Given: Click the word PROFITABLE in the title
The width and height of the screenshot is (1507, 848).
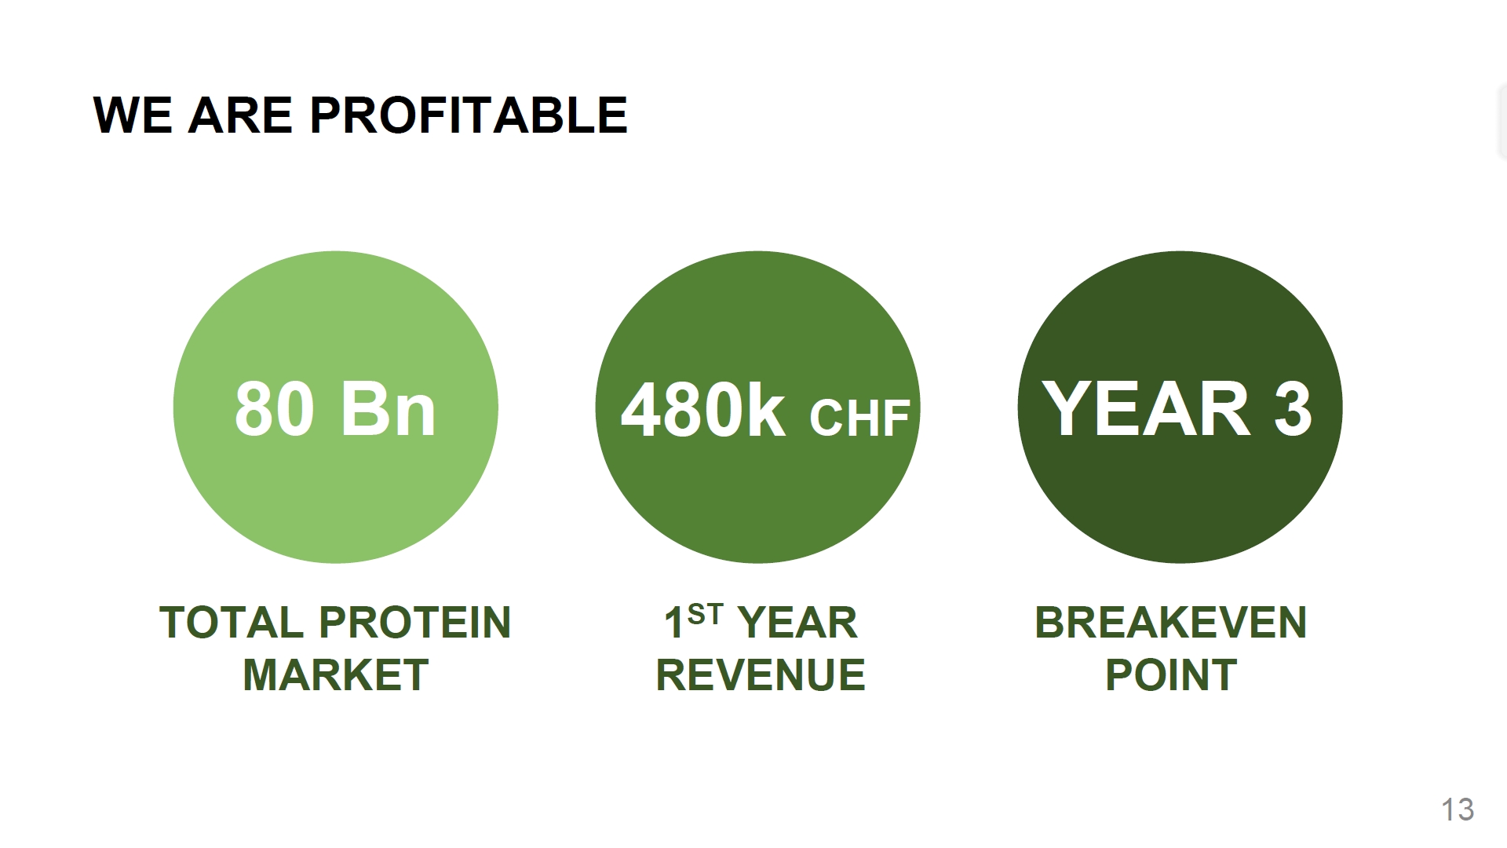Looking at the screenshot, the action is (469, 115).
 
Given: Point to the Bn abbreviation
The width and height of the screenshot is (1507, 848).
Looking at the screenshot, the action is (388, 408).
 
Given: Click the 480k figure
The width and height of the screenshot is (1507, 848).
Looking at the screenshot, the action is (702, 410).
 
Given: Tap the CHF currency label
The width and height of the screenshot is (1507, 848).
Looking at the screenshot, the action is (859, 418).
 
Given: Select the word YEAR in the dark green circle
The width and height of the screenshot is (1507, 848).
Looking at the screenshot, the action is (1146, 408).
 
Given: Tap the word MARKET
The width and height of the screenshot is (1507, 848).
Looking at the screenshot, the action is (336, 674).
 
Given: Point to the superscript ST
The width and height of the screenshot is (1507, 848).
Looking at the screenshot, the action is (704, 614).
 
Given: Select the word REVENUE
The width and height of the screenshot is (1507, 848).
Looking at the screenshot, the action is (761, 674).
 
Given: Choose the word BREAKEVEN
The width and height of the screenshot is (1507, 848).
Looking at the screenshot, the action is (1171, 623).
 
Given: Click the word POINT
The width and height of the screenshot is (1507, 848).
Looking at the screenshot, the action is (1171, 674).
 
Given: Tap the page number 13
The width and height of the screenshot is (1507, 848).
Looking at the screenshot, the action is (1458, 810).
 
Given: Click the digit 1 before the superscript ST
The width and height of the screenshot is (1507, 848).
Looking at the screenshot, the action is (674, 623).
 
